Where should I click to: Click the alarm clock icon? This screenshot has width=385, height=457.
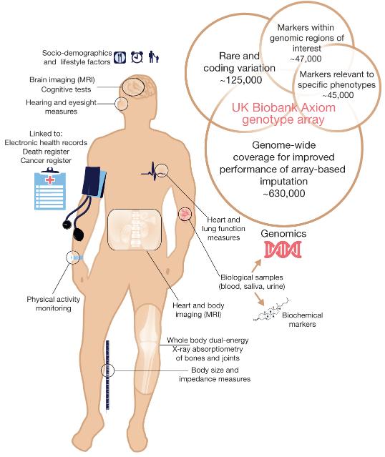137,56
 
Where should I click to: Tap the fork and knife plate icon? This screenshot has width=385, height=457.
120,57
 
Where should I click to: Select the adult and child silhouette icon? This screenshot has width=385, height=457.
154,56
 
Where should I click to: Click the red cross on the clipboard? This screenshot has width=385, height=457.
50,180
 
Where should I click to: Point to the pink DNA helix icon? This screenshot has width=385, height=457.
283,250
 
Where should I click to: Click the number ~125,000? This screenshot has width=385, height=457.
241,80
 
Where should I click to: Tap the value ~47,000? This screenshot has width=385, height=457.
306,59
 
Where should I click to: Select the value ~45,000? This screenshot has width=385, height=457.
338,95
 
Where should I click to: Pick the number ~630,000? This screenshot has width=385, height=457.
284,193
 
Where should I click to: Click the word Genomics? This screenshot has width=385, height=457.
283,233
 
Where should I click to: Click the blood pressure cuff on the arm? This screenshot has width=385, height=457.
94,182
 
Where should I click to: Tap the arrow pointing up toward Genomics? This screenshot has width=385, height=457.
256,265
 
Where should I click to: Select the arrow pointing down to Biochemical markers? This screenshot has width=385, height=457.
259,299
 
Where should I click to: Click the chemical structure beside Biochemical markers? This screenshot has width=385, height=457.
271,310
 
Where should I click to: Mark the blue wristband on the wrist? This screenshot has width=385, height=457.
77,257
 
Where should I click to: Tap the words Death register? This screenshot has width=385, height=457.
46,152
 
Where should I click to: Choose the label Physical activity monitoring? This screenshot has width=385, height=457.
54,304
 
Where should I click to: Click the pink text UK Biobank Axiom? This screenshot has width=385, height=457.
283,107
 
